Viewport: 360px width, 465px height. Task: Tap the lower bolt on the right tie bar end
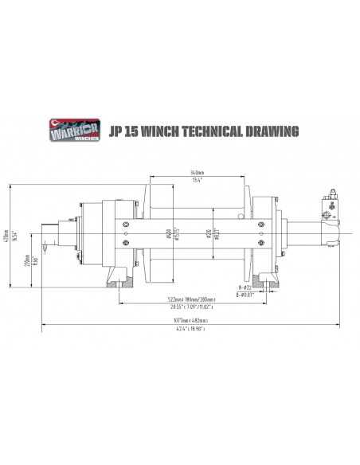260,244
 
